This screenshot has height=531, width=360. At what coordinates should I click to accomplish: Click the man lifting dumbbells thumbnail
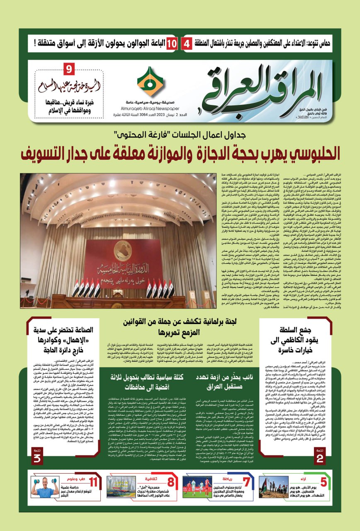tap(45, 487)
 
